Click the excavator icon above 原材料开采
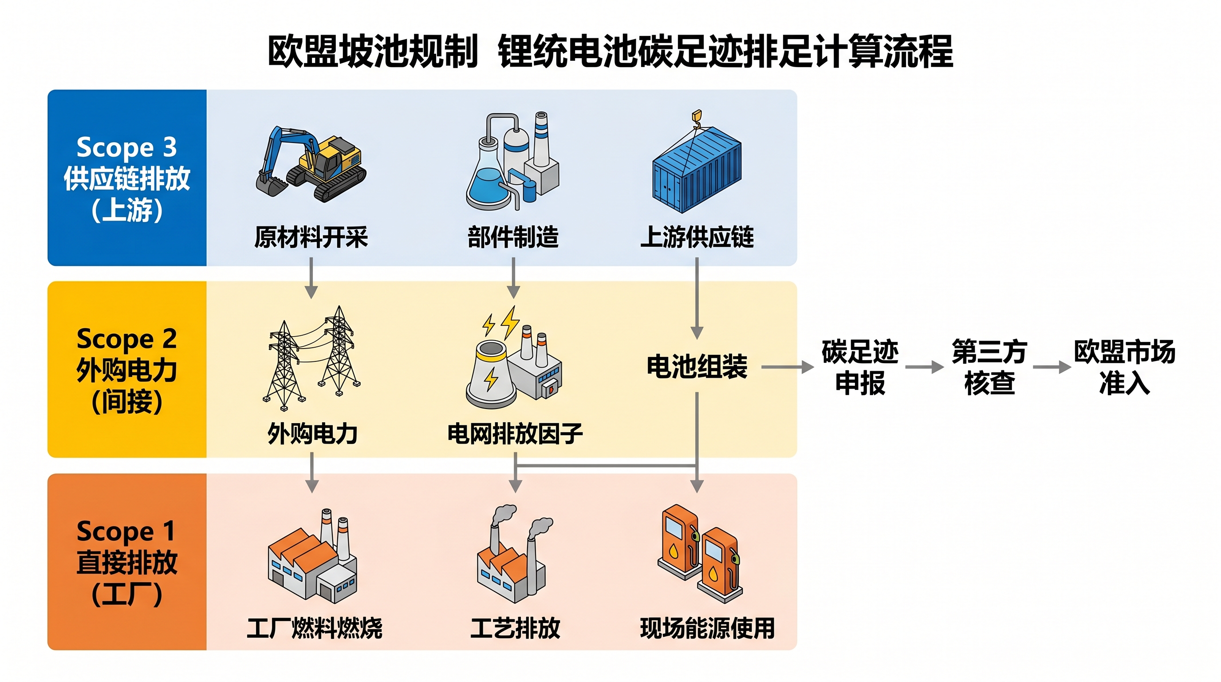[x=311, y=164]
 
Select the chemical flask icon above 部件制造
[x=512, y=161]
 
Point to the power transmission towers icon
[x=311, y=358]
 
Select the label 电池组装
[x=697, y=367]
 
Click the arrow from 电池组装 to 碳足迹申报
[x=788, y=367]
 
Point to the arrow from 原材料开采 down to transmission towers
[x=311, y=278]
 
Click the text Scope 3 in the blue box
[x=126, y=147]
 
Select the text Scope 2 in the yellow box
[x=126, y=339]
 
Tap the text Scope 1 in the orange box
[x=126, y=531]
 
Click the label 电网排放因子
[x=515, y=433]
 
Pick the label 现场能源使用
[x=707, y=628]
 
